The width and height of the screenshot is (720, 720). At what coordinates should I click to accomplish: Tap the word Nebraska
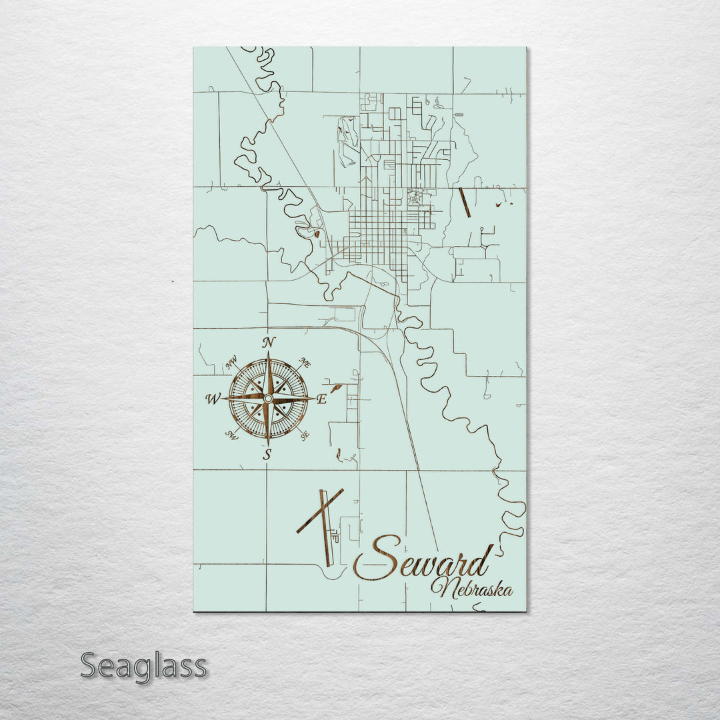472,589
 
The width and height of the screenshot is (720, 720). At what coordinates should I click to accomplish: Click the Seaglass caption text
143,666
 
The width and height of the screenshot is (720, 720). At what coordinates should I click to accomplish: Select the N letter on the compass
269,343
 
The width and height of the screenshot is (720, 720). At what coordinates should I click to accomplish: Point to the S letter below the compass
267,455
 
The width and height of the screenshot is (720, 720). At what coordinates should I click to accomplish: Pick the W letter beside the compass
213,399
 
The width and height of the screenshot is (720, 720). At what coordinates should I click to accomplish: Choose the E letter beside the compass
321,399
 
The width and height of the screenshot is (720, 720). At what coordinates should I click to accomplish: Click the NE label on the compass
305,363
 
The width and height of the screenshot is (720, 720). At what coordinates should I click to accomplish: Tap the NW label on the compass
231,364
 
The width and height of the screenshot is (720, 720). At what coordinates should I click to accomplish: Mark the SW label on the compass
231,435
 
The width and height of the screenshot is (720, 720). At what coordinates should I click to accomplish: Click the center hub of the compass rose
268,399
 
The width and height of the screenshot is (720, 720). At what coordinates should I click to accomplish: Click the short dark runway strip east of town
464,202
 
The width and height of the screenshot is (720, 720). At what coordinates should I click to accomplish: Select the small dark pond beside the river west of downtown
316,233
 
